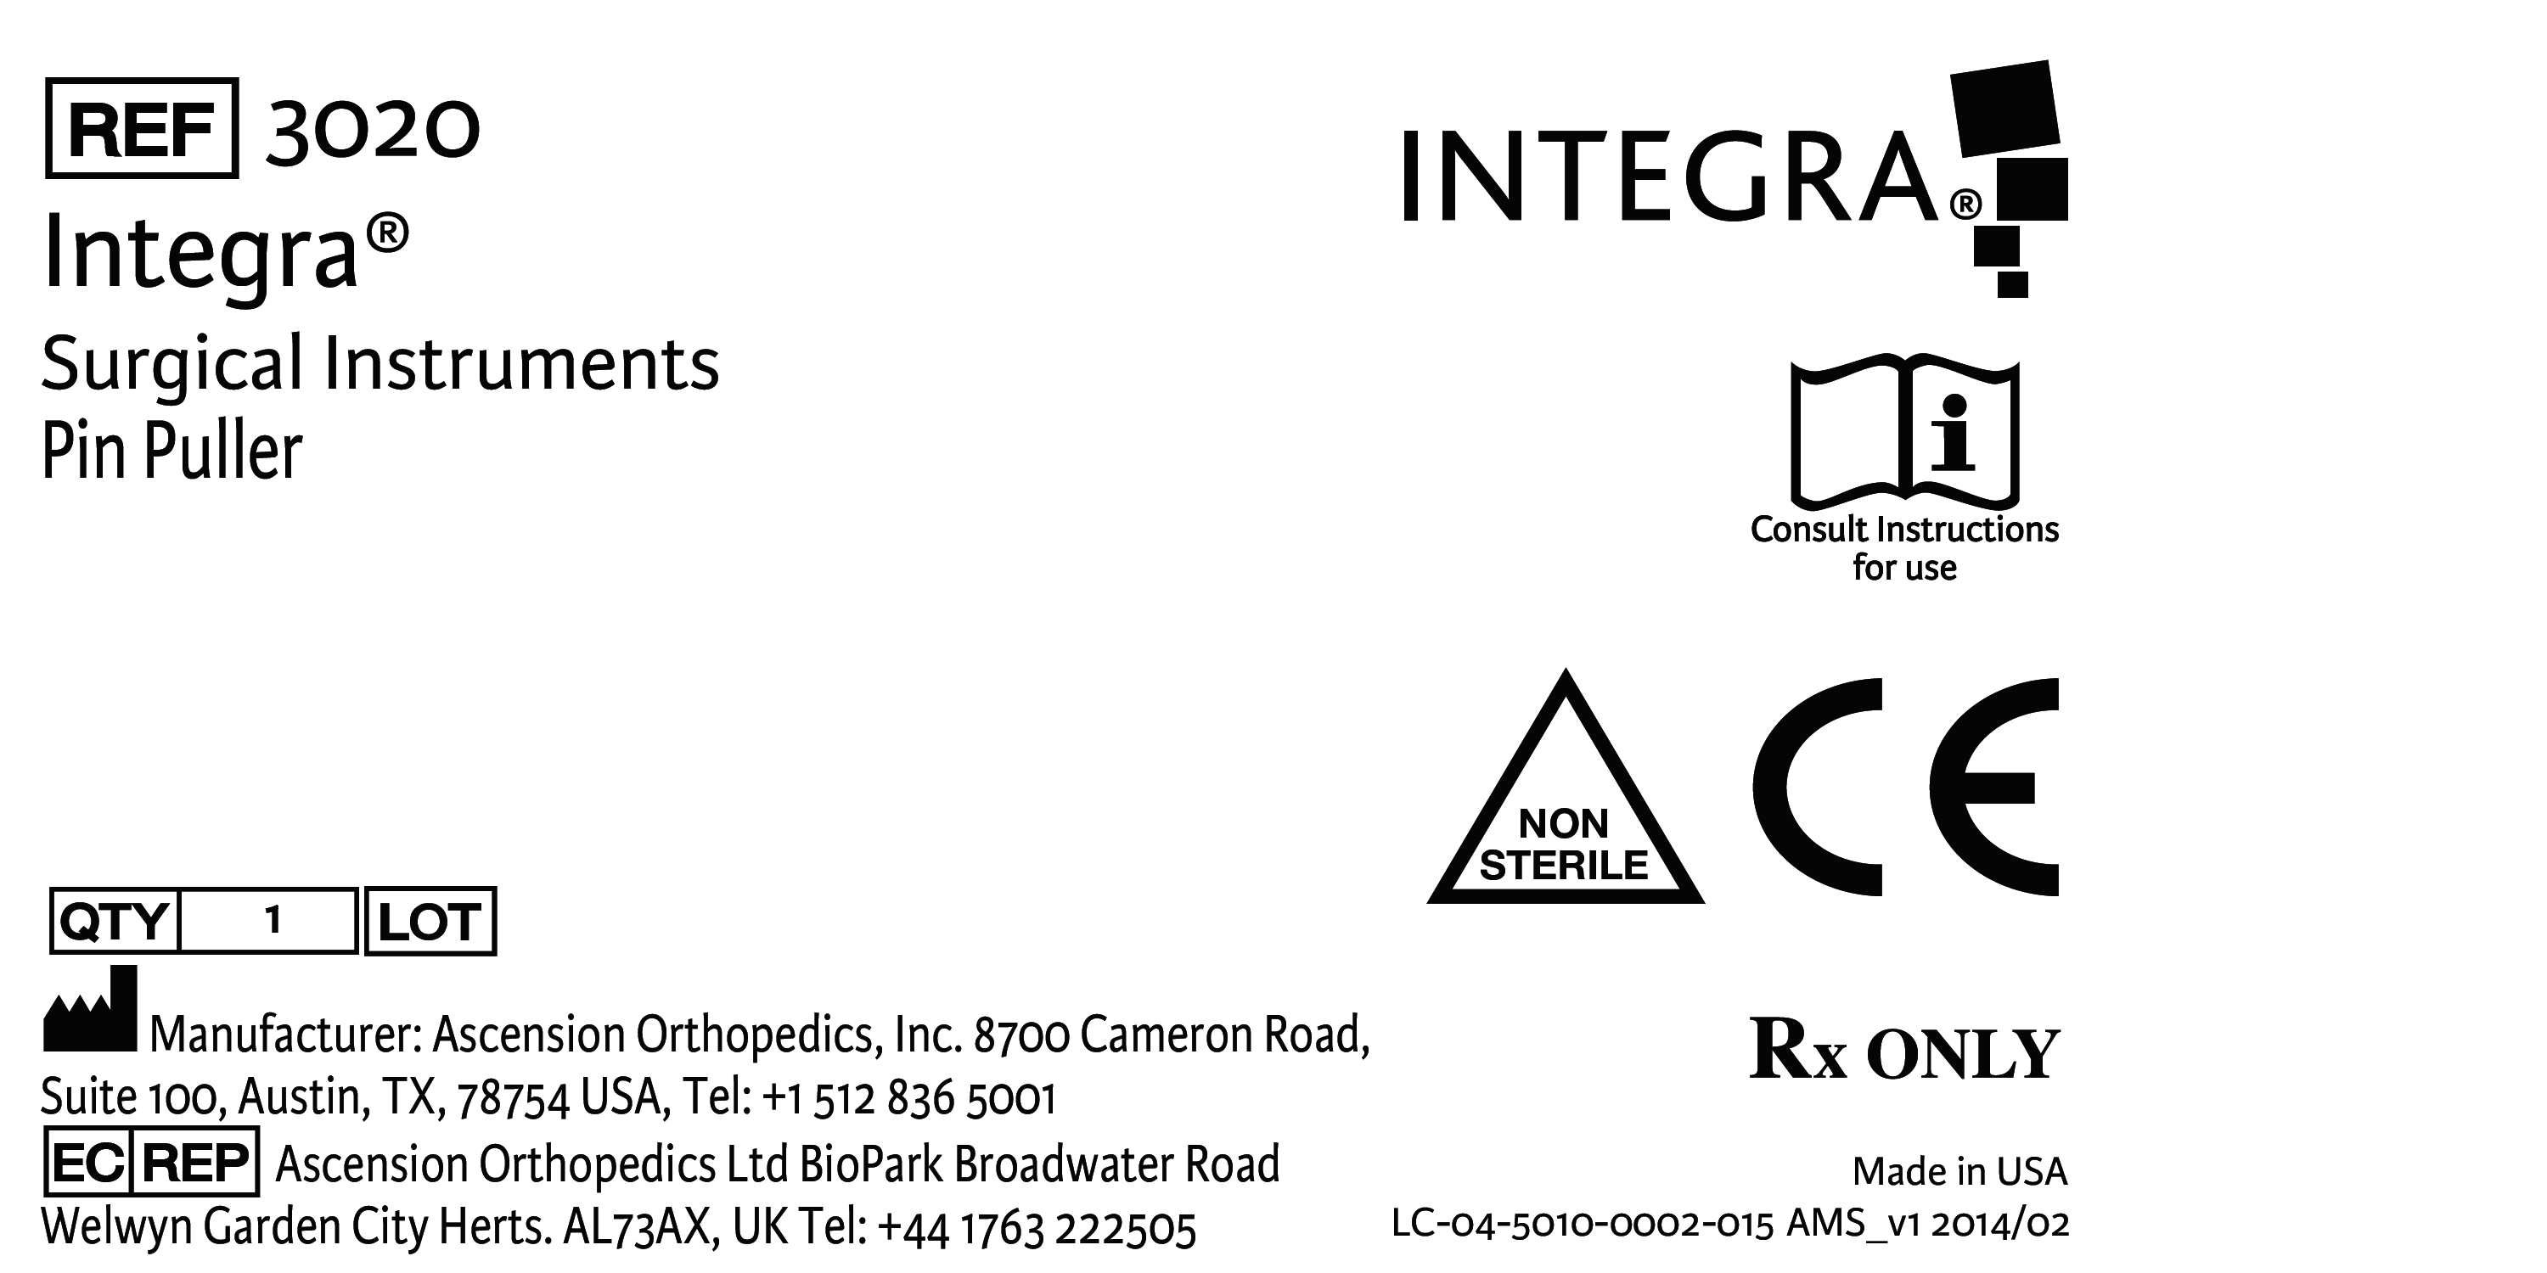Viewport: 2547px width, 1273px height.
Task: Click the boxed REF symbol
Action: point(142,127)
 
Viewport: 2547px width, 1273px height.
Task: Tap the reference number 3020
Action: point(372,130)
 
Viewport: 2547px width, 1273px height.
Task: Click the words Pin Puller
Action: point(171,451)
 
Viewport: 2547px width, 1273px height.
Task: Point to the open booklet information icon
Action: point(1904,431)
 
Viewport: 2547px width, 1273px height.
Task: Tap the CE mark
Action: point(1905,787)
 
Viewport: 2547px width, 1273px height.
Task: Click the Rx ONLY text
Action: point(1904,1049)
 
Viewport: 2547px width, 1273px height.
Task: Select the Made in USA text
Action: point(1959,1171)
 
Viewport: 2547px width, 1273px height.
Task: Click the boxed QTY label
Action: point(114,921)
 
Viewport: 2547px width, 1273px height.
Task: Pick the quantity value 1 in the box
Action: point(273,920)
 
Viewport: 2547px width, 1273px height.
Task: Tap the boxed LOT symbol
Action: point(430,921)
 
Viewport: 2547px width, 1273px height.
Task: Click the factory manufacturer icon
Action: point(90,1008)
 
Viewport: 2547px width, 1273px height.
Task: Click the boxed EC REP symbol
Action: point(151,1163)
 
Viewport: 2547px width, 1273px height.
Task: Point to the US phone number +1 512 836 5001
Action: point(909,1098)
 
